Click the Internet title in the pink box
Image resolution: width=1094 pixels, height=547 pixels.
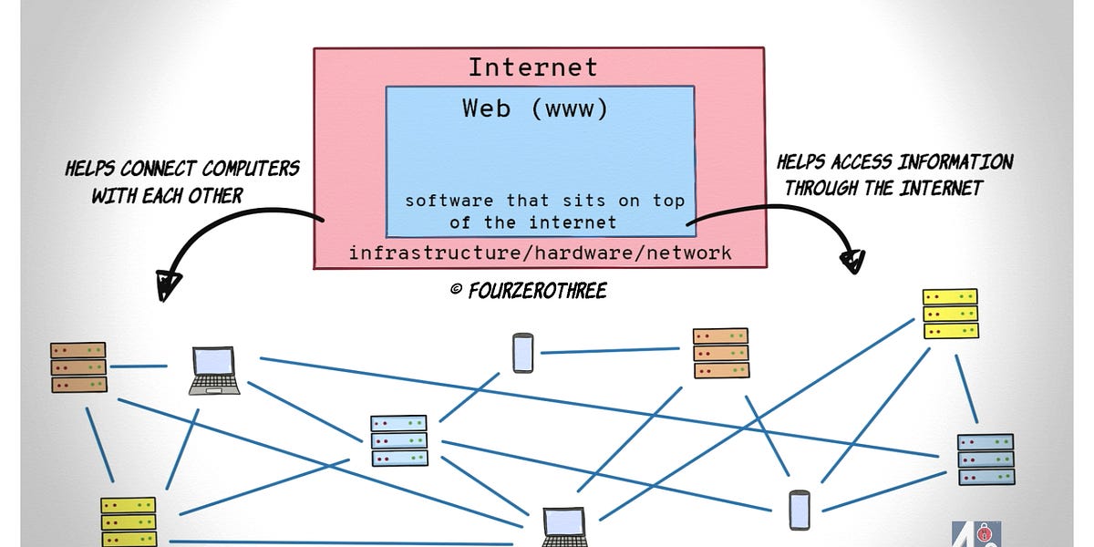533,67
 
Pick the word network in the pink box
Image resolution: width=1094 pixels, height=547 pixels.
688,253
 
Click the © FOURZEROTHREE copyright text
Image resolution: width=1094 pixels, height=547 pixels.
528,291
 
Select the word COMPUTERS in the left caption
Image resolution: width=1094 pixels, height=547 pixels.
250,170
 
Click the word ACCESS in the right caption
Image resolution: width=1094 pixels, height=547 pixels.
858,163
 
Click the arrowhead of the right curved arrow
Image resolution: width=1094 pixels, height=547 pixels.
851,261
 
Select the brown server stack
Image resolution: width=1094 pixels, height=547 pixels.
78,367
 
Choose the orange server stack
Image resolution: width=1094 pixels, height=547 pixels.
720,353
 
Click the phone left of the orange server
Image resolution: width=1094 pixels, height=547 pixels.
522,353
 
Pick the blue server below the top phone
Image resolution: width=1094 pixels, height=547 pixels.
398,441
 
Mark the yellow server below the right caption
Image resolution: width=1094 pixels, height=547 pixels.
949,314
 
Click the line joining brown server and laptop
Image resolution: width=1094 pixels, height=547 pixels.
138,366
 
